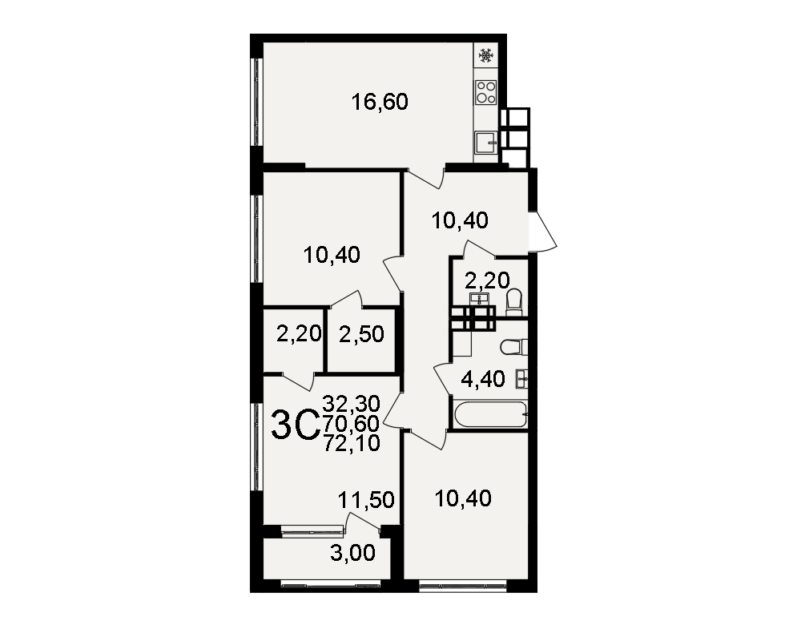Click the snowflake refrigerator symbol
[486, 55]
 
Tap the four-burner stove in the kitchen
[486, 92]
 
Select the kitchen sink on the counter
[486, 143]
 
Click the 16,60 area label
[380, 102]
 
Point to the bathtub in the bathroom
[489, 414]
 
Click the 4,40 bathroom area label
[483, 379]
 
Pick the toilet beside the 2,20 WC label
[514, 302]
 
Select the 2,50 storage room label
[361, 334]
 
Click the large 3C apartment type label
[296, 425]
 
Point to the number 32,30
[352, 404]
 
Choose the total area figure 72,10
[352, 442]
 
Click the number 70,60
[352, 423]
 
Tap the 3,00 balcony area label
[352, 553]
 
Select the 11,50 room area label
[366, 500]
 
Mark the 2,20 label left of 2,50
[299, 334]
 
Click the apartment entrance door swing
[543, 231]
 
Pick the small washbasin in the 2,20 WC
[479, 299]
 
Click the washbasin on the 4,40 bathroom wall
[521, 379]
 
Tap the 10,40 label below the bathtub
[463, 498]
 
